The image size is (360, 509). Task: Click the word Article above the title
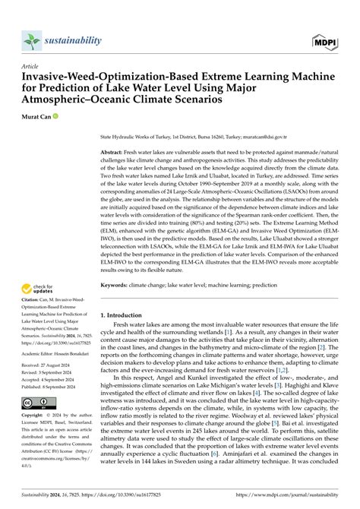30,66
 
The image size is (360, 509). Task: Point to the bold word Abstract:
115,153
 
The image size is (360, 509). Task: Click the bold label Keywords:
118,285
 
